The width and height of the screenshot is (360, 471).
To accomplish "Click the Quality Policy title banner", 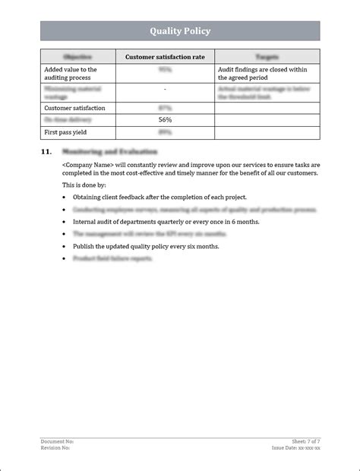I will pos(180,31).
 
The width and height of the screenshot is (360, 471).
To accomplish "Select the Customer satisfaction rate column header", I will pos(165,56).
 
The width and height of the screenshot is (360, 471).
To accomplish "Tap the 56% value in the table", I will pos(165,120).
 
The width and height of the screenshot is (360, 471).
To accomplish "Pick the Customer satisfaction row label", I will pos(75,108).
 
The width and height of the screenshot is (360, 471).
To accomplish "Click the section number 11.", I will pos(46,152).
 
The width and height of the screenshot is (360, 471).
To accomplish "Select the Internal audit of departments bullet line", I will pos(166,222).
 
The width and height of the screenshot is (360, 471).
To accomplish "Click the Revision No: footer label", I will pos(55,447).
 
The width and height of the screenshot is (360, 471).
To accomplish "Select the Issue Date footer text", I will pos(296,447).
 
